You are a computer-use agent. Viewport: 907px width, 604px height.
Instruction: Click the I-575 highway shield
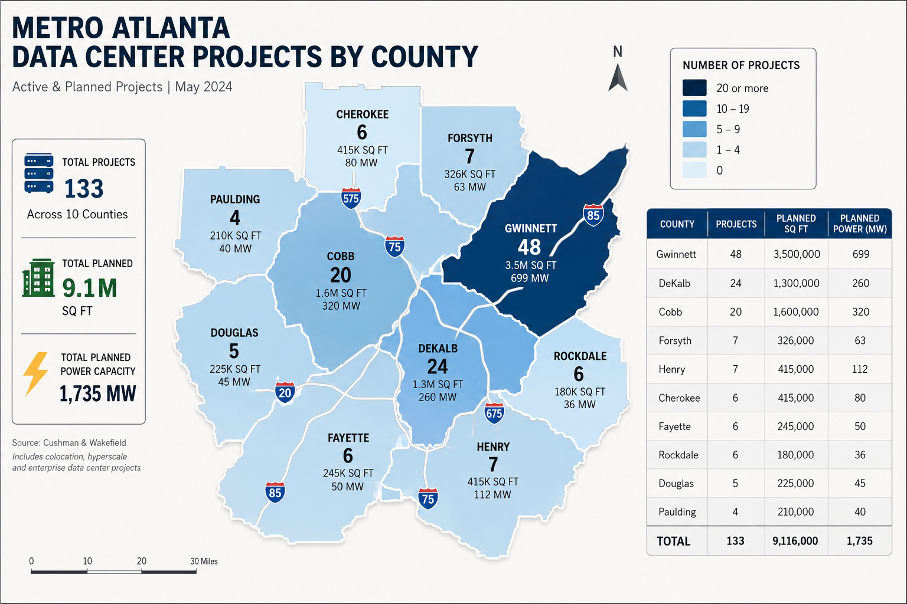click(351, 198)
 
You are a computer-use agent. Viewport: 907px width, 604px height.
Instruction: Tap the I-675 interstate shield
click(494, 413)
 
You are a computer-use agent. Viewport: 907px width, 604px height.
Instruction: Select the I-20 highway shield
click(285, 392)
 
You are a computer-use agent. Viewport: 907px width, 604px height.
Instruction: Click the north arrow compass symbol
click(618, 77)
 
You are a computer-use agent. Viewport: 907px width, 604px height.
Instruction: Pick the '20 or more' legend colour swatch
click(694, 88)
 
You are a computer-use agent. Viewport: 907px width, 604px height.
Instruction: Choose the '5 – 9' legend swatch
click(694, 129)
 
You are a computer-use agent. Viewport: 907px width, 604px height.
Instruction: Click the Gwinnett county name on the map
click(530, 229)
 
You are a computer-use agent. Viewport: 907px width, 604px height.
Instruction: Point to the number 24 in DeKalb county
click(438, 366)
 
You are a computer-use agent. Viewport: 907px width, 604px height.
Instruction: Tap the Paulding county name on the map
click(235, 199)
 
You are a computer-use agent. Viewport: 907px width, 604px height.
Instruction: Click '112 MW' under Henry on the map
click(492, 494)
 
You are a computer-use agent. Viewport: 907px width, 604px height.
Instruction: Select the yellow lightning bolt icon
click(35, 373)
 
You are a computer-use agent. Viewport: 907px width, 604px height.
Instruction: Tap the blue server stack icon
click(39, 173)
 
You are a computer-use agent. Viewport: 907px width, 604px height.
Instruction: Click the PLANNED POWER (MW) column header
click(860, 224)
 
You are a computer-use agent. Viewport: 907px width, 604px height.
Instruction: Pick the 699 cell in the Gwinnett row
click(860, 254)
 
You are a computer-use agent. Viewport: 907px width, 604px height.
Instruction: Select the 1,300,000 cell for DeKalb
click(796, 283)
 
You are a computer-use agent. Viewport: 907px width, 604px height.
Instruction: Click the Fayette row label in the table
click(674, 426)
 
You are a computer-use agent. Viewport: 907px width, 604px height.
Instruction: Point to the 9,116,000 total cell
click(795, 541)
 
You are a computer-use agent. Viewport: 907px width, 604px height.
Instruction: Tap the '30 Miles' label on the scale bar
click(204, 561)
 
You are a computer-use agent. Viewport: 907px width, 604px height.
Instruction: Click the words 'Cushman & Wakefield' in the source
click(84, 442)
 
